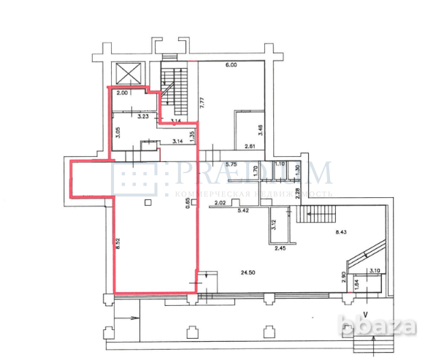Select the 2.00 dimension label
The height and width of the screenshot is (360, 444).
click(122, 93)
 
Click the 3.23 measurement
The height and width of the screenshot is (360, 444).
click(144, 115)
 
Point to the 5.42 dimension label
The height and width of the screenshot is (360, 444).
click(244, 210)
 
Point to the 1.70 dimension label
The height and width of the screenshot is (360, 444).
click(255, 173)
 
